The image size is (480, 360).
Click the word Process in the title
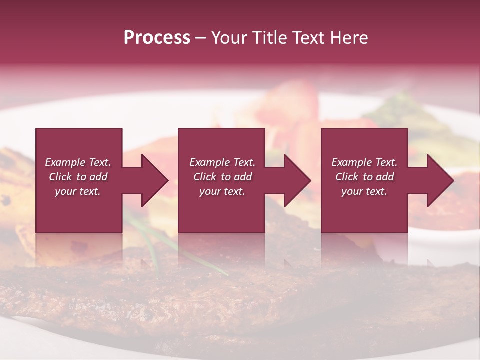(x=157, y=38)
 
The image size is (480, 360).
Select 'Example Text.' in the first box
(x=78, y=162)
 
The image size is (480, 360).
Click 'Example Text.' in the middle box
(x=222, y=162)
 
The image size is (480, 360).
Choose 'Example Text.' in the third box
(x=364, y=162)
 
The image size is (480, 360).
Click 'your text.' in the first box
(x=78, y=191)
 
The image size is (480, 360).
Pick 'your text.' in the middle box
(x=222, y=191)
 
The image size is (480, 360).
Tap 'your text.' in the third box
(x=364, y=191)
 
